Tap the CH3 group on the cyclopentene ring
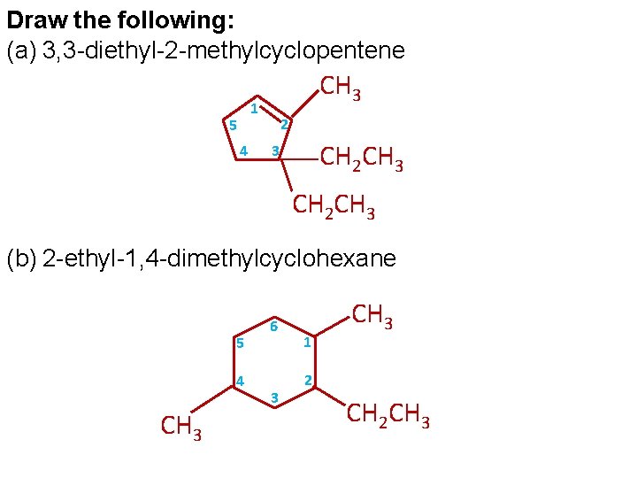(x=340, y=88)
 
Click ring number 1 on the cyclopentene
(x=254, y=110)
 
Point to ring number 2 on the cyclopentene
(x=284, y=123)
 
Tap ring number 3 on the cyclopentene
(x=275, y=151)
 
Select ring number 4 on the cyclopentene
(x=243, y=150)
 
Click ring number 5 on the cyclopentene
(x=232, y=123)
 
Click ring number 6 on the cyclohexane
(x=274, y=327)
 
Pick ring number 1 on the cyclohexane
(x=306, y=343)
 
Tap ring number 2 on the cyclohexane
(x=307, y=381)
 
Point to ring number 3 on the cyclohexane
(x=274, y=397)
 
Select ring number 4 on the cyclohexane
(x=240, y=382)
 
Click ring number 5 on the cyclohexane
(x=240, y=343)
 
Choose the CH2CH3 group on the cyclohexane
(x=388, y=413)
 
